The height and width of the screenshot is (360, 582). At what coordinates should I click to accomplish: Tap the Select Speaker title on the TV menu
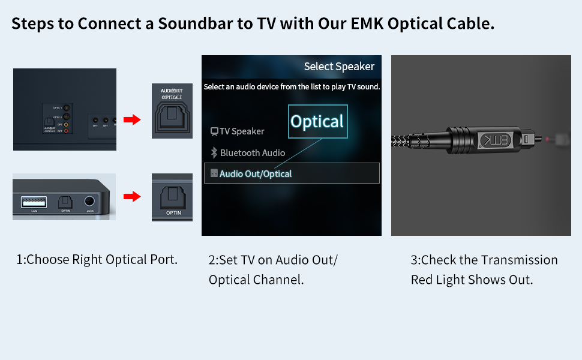339,67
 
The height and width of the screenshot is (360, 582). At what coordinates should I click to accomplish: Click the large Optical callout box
317,122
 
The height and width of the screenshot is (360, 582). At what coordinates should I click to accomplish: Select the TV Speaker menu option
241,131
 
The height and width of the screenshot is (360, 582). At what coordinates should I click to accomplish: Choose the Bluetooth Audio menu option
252,152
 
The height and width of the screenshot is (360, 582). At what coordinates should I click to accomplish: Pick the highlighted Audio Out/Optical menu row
292,173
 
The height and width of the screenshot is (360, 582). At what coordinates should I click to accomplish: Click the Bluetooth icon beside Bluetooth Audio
213,152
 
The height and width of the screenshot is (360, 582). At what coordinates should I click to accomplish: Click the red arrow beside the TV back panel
131,120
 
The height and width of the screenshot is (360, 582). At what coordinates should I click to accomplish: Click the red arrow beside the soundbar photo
131,196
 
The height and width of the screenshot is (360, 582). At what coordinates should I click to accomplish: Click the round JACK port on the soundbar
90,202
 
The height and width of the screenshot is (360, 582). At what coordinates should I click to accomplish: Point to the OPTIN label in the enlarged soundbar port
173,212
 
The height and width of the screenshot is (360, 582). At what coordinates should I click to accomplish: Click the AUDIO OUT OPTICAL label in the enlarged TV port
172,94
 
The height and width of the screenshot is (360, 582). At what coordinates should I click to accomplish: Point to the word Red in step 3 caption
423,280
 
